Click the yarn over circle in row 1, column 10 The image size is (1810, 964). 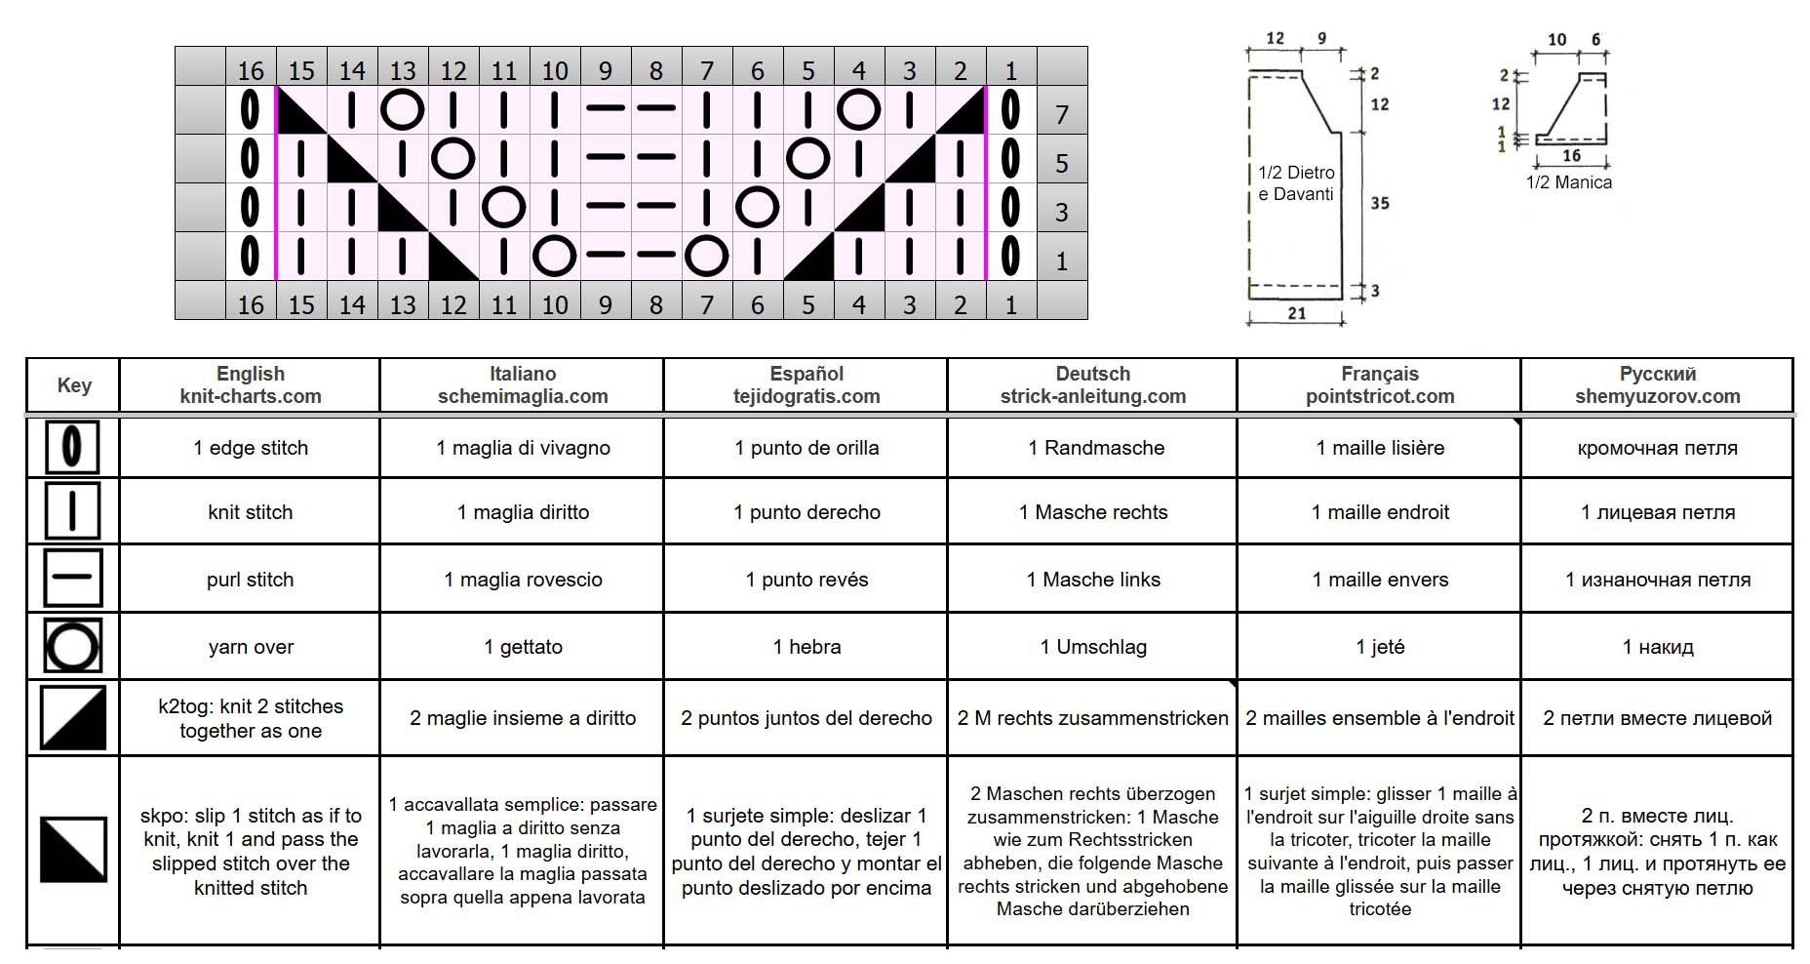(x=555, y=257)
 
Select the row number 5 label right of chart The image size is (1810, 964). (x=1062, y=163)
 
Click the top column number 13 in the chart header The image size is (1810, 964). (x=403, y=70)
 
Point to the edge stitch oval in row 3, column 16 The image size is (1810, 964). (x=251, y=208)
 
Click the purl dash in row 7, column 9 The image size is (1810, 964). (x=606, y=109)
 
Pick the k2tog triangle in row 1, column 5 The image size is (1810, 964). (x=808, y=257)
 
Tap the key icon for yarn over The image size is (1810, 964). (x=72, y=647)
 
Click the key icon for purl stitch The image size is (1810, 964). (x=72, y=578)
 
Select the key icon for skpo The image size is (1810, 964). (x=73, y=850)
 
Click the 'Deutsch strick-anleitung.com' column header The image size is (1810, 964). (x=1092, y=385)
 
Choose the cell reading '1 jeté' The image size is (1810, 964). (x=1380, y=647)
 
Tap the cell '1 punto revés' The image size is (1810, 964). (x=807, y=580)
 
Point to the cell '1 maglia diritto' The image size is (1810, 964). (x=523, y=512)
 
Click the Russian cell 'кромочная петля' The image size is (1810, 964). (x=1657, y=449)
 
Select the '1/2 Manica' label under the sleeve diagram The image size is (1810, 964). (x=1568, y=182)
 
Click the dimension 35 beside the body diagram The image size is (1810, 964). (x=1380, y=203)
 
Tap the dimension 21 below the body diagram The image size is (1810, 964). (x=1296, y=313)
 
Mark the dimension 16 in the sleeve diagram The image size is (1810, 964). (x=1571, y=155)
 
